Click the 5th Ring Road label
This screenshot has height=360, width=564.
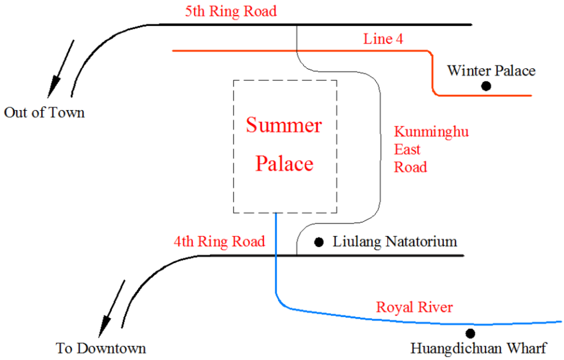[x=230, y=11]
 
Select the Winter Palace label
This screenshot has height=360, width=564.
[x=491, y=70]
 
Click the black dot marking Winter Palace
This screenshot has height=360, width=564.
[x=486, y=85]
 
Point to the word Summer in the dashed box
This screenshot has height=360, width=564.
[x=284, y=126]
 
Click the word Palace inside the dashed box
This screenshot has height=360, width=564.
[x=285, y=163]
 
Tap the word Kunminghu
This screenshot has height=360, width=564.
[x=431, y=132]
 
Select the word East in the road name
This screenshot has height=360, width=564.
[x=407, y=149]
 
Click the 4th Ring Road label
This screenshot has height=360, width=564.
[x=219, y=241]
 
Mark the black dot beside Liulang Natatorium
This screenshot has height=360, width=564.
[x=318, y=242]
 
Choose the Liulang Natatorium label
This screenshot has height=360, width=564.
[x=395, y=242]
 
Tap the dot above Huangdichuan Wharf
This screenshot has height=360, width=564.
[x=470, y=333]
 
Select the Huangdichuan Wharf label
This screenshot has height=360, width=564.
[x=478, y=348]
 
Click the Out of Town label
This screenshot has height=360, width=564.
[x=44, y=113]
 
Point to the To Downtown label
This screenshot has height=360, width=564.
[x=101, y=348]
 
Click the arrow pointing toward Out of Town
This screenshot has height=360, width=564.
[x=61, y=69]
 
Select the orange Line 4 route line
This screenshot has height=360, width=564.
[x=297, y=51]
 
